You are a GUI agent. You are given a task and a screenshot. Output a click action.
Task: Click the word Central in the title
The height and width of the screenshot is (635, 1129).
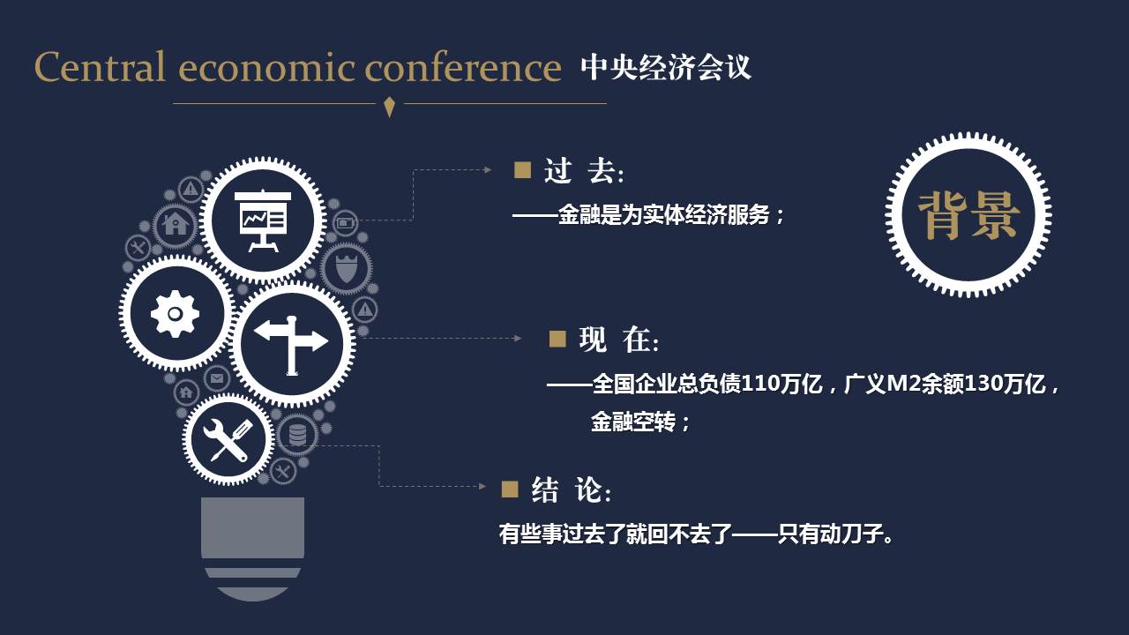pyautogui.click(x=100, y=66)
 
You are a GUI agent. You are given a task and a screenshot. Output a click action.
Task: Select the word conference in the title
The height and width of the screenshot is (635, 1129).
pyautogui.click(x=463, y=66)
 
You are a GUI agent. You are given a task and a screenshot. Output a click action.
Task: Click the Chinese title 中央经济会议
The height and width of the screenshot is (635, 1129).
pyautogui.click(x=666, y=67)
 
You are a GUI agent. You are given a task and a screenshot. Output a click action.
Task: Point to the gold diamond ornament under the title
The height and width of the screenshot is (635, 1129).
pyautogui.click(x=389, y=107)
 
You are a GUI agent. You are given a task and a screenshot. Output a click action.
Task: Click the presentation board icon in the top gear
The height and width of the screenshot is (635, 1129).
pyautogui.click(x=263, y=220)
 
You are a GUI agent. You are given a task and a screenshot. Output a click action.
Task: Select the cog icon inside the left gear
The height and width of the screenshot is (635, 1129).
pyautogui.click(x=175, y=313)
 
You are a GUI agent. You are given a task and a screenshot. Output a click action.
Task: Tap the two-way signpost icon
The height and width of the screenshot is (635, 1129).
pyautogui.click(x=291, y=345)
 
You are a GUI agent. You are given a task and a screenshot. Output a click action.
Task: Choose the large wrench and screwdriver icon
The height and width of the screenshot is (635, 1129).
pyautogui.click(x=228, y=439)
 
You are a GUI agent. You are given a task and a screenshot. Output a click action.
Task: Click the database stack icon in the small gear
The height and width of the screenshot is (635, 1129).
pyautogui.click(x=297, y=436)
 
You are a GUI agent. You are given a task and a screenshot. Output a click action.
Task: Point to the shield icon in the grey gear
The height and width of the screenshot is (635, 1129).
pyautogui.click(x=347, y=268)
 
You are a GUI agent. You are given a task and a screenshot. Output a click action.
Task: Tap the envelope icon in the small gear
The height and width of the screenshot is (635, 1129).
pyautogui.click(x=217, y=378)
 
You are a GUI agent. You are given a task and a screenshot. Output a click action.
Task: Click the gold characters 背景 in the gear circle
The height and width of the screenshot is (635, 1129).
pyautogui.click(x=968, y=215)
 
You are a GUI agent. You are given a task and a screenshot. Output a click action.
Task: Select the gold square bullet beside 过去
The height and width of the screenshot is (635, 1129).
pyautogui.click(x=522, y=170)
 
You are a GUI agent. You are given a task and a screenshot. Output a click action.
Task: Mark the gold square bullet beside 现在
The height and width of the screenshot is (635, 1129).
pyautogui.click(x=557, y=339)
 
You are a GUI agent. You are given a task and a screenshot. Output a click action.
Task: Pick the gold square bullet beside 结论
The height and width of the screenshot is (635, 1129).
pyautogui.click(x=510, y=489)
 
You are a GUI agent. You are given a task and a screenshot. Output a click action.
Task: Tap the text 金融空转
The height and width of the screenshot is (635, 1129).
pyautogui.click(x=633, y=422)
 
